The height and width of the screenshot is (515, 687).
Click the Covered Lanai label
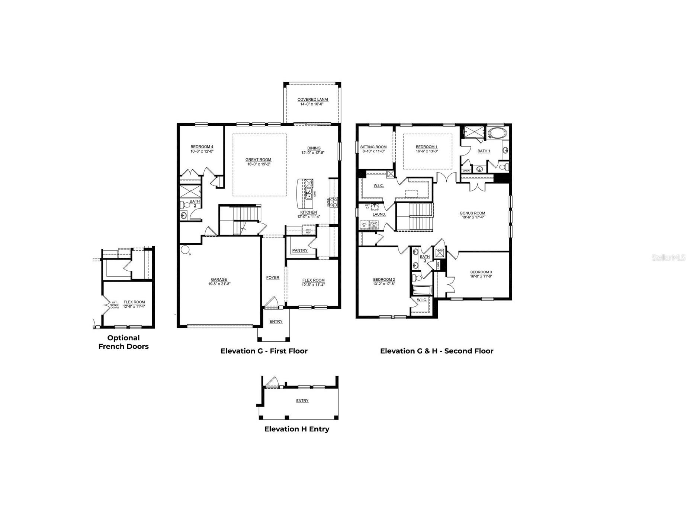[x=312, y=99]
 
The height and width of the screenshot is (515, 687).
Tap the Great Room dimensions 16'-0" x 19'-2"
[x=258, y=164]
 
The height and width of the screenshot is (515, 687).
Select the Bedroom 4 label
[x=202, y=147]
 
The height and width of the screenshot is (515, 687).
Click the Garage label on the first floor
[x=219, y=280]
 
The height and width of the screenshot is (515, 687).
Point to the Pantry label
[x=300, y=250]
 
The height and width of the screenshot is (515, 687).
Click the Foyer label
[x=273, y=277]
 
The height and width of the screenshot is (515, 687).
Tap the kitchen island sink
[x=309, y=193]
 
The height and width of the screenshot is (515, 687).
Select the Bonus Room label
[x=472, y=213]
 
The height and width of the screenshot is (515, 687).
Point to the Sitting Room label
[x=373, y=147]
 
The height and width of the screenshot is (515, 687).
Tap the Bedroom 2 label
[x=384, y=280]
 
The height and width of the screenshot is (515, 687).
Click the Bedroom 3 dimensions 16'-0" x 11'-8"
[x=481, y=276]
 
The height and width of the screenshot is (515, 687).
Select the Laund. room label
[x=379, y=214]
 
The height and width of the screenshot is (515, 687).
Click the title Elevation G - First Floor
[x=264, y=351]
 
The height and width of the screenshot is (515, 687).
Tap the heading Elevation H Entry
[x=296, y=429]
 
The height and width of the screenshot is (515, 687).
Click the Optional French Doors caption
[x=123, y=342]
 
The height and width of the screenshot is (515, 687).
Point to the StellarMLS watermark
[x=668, y=257]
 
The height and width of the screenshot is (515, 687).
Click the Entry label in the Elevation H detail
[x=302, y=400]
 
